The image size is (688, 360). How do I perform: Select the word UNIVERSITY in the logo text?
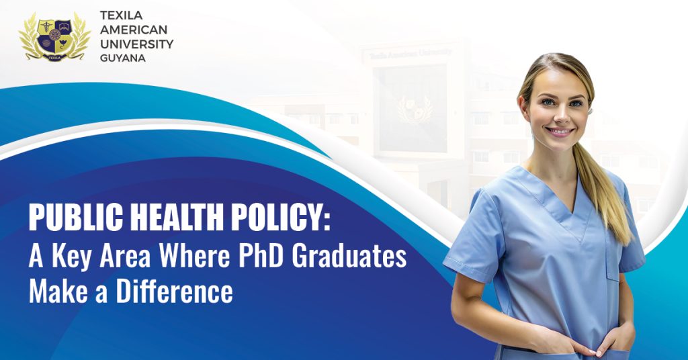(x=136, y=44)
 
